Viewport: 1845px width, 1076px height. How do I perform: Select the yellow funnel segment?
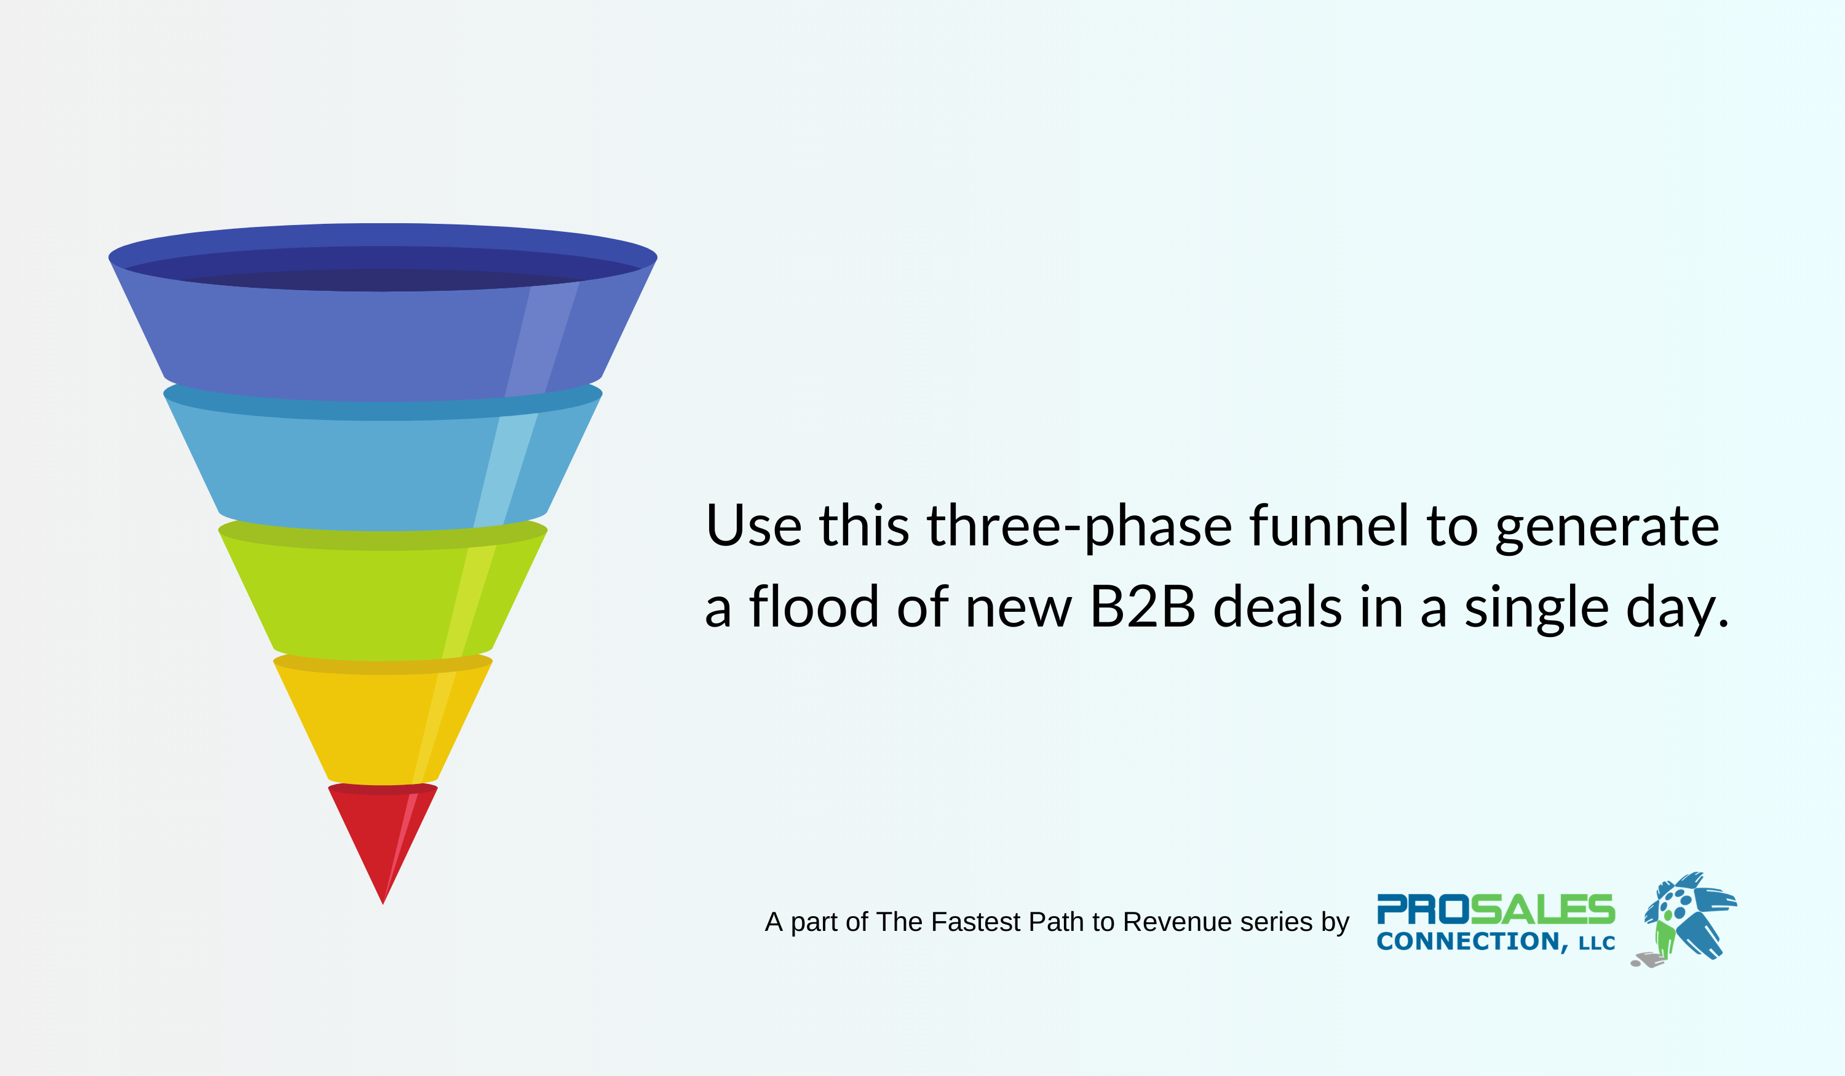pyautogui.click(x=373, y=725)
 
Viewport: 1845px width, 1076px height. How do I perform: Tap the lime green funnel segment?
pyautogui.click(x=366, y=600)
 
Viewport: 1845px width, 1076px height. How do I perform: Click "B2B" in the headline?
pyautogui.click(x=1142, y=607)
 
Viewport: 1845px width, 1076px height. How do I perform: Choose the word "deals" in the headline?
pyautogui.click(x=1277, y=607)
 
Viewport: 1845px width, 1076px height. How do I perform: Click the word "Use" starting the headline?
pyautogui.click(x=753, y=527)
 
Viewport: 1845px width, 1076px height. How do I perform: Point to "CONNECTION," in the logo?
pyautogui.click(x=1472, y=941)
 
